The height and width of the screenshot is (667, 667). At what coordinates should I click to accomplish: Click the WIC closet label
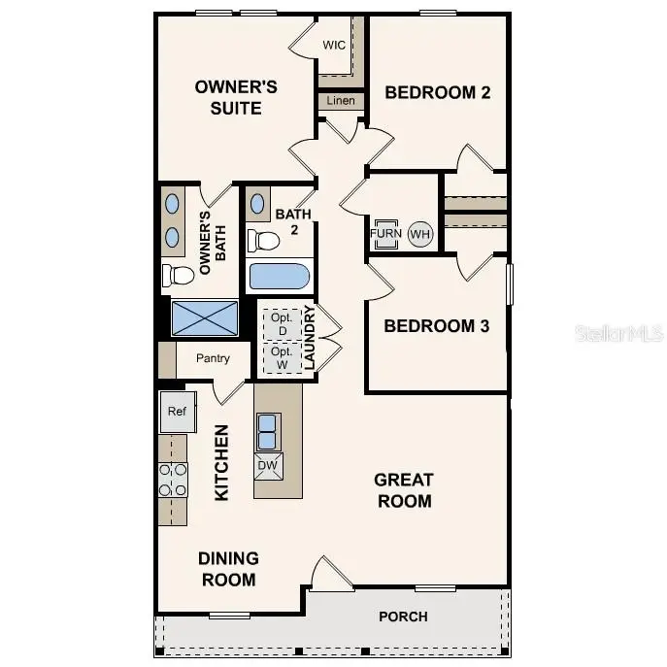[x=334, y=46]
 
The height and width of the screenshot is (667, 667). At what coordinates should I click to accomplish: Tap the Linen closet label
[x=341, y=101]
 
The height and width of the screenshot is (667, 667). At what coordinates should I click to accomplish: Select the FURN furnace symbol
[x=384, y=234]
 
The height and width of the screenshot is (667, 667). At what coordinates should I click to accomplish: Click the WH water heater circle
[x=419, y=234]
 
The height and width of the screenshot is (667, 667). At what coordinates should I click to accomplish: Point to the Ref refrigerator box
[x=177, y=412]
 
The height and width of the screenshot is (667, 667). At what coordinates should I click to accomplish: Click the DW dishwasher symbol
[x=267, y=466]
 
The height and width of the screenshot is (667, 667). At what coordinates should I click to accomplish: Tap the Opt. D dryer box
[x=282, y=323]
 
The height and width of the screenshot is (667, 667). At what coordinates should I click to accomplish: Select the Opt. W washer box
[x=282, y=358]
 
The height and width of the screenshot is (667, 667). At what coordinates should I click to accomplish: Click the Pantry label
[x=213, y=358]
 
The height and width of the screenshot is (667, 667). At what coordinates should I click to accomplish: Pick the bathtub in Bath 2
[x=279, y=277]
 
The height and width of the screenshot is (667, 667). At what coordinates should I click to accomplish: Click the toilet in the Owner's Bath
[x=178, y=275]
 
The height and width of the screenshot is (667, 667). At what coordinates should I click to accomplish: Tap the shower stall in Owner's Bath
[x=204, y=317]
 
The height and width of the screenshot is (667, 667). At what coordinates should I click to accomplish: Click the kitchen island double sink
[x=267, y=428]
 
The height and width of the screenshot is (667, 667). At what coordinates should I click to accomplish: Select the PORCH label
[x=403, y=617]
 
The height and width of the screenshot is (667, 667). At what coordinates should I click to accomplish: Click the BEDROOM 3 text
[x=436, y=325]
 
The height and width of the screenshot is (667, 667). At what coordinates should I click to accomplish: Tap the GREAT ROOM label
[x=403, y=490]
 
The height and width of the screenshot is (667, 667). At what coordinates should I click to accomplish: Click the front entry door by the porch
[x=330, y=576]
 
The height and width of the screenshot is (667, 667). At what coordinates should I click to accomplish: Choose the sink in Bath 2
[x=259, y=205]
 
